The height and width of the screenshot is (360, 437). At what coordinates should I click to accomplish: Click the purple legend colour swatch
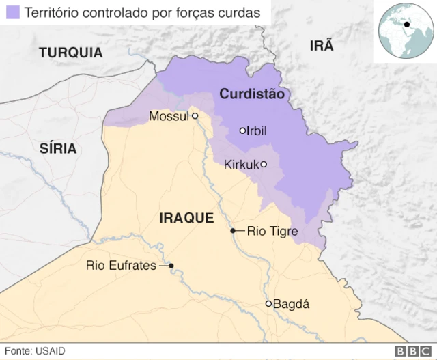(12, 12)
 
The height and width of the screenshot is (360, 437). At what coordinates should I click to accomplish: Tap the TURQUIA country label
(70, 53)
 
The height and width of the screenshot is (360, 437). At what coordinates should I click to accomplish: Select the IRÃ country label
(322, 46)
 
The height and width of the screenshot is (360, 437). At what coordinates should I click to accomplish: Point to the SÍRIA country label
(58, 148)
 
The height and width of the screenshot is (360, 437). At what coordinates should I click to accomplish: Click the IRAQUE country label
(186, 218)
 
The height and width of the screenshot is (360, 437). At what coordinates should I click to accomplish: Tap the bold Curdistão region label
(251, 94)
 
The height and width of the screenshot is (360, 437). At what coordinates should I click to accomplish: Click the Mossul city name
(169, 117)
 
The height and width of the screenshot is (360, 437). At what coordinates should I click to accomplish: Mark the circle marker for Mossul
(195, 116)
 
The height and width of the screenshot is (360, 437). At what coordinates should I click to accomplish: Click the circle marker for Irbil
(242, 130)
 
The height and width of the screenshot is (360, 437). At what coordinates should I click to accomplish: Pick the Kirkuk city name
(241, 164)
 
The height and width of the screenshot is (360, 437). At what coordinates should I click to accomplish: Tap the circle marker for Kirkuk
(264, 164)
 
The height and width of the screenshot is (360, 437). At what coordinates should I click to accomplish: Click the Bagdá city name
(292, 304)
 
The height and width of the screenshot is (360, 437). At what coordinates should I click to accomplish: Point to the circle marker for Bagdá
(269, 304)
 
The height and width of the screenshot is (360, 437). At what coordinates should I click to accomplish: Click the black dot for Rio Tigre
(234, 231)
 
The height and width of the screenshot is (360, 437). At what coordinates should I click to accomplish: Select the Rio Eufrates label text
(121, 266)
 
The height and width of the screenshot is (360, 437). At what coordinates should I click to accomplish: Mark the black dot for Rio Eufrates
(171, 266)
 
